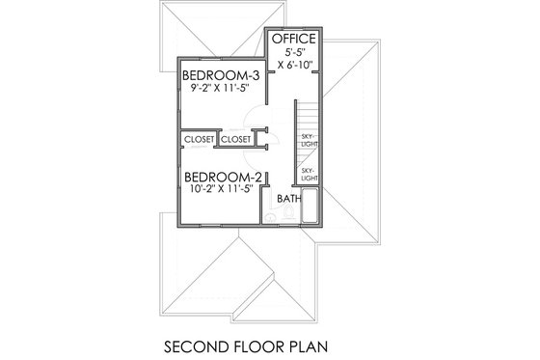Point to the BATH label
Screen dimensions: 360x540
click(288, 199)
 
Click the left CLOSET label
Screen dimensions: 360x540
click(199, 139)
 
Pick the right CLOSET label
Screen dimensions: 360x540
click(235, 139)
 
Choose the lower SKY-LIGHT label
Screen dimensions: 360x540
click(309, 175)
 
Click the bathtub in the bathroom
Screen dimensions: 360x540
click(310, 209)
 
